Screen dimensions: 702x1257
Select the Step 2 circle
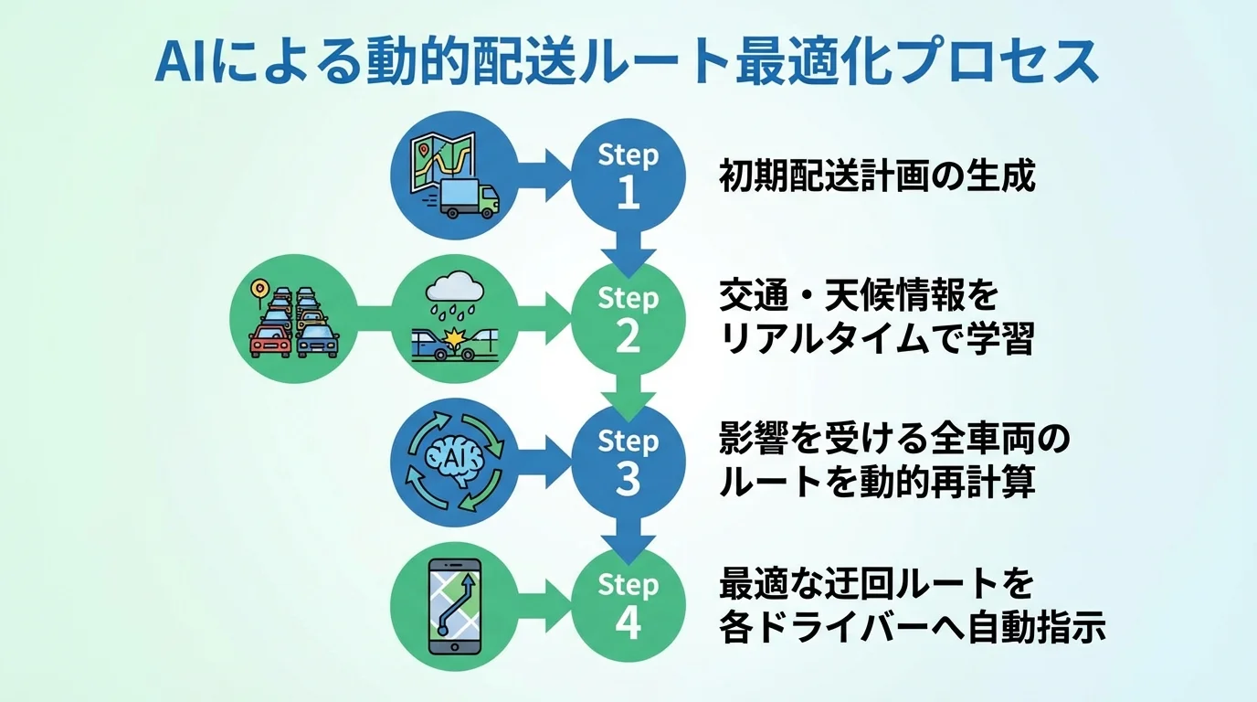click(x=628, y=319)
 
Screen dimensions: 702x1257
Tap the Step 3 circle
click(x=628, y=462)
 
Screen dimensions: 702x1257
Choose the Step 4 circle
click(x=628, y=604)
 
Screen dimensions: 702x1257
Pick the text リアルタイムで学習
click(x=877, y=340)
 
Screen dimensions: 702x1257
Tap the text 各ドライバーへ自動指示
click(x=913, y=628)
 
